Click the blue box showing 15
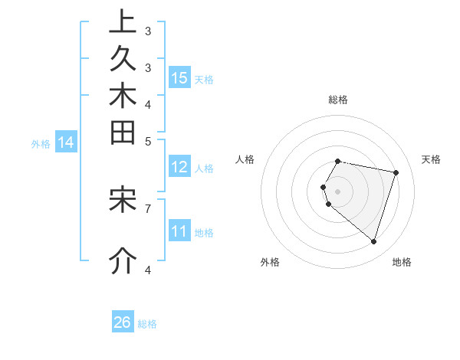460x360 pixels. tap(179, 78)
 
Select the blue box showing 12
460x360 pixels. tap(179, 167)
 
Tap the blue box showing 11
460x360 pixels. tap(179, 231)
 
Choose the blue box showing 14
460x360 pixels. tap(66, 142)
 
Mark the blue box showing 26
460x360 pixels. tap(123, 322)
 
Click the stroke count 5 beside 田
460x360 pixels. tap(148, 141)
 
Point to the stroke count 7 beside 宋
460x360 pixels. tap(148, 208)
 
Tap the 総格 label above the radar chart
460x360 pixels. tap(338, 100)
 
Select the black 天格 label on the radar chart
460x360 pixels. tap(432, 159)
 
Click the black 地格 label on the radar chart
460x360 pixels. tap(402, 262)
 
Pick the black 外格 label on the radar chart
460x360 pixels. tap(270, 262)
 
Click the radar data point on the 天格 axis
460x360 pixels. tap(396, 172)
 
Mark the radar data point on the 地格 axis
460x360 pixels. tap(373, 241)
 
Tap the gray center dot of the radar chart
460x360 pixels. tap(338, 191)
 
